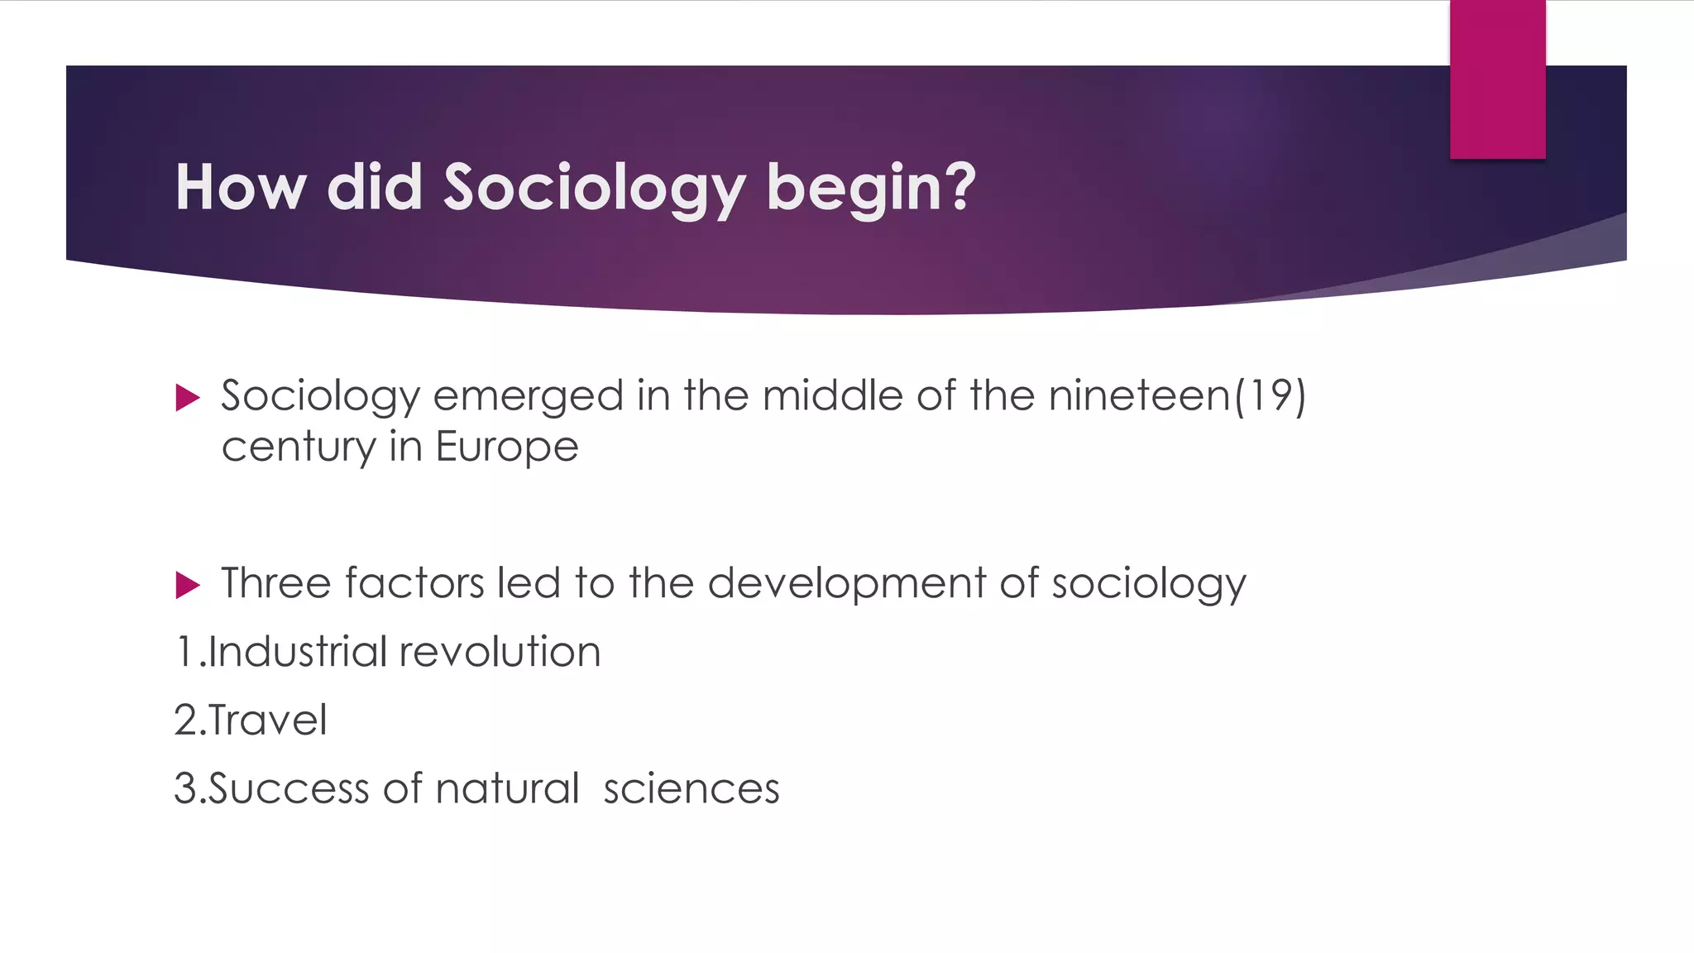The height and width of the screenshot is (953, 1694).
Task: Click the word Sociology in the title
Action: pos(594,189)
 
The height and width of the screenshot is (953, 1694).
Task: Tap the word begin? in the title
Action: pos(871,189)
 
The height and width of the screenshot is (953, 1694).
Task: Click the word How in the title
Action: pos(241,189)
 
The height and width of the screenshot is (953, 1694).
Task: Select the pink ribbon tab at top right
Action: pos(1497,79)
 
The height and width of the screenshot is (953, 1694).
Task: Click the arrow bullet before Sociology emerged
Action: pos(188,398)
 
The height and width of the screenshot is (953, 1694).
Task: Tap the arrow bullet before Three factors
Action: pos(188,586)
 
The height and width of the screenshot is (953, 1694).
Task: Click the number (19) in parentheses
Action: pos(1270,395)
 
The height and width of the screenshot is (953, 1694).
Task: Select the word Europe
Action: pos(507,448)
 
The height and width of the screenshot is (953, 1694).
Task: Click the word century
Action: pos(299,448)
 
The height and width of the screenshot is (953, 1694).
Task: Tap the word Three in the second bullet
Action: pos(276,583)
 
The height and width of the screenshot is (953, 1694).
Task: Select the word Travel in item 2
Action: pos(267,720)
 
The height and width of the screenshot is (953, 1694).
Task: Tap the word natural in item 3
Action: pos(507,788)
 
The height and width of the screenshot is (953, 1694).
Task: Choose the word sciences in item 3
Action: pos(691,788)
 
